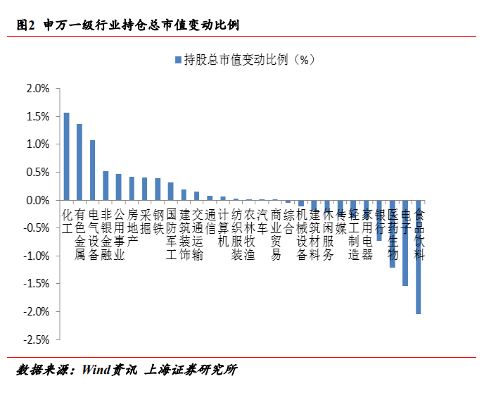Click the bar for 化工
pos(67,156)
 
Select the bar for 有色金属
pos(79,162)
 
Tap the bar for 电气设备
pos(93,170)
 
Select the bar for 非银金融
pos(106,185)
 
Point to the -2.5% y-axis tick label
pos(36,339)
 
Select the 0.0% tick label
pos(37,200)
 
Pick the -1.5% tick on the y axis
pos(36,283)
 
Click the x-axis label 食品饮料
pos(419,235)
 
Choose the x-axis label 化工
pos(68,221)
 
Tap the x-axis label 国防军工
pos(171,235)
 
